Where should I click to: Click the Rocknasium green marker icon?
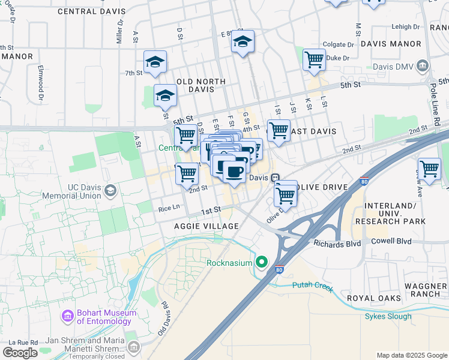coord(262,262)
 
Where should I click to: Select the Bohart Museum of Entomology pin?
coord(68,316)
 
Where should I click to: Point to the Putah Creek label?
coord(312,287)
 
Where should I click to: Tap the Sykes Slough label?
coord(388,316)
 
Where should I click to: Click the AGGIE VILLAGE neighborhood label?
coord(206,226)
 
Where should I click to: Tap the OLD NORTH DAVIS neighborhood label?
coord(201,85)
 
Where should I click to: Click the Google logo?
coord(20,353)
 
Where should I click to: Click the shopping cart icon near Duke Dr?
coord(314,60)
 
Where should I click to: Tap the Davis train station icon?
coord(275,178)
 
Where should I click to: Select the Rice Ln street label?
coord(169,208)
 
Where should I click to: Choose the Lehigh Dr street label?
coord(405,27)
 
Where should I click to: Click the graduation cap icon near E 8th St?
coord(243,41)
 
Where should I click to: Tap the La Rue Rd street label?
coord(25,342)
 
